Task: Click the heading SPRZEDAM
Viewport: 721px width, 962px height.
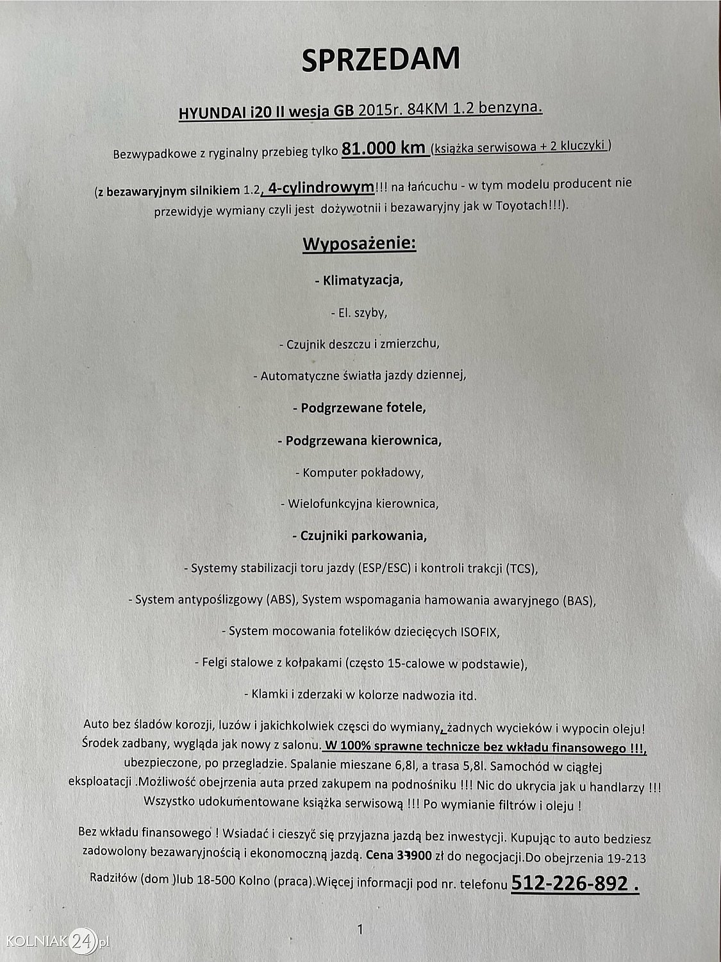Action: coord(381,59)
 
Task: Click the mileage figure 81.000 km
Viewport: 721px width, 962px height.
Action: coord(385,148)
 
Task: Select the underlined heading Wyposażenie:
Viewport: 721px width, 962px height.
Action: coord(359,244)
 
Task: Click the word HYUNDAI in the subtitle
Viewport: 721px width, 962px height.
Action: coord(206,113)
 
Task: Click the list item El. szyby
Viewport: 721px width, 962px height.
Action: coord(359,313)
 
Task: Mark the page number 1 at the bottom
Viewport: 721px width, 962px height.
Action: coord(360,929)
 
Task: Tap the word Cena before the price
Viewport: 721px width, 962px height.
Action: coord(379,855)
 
